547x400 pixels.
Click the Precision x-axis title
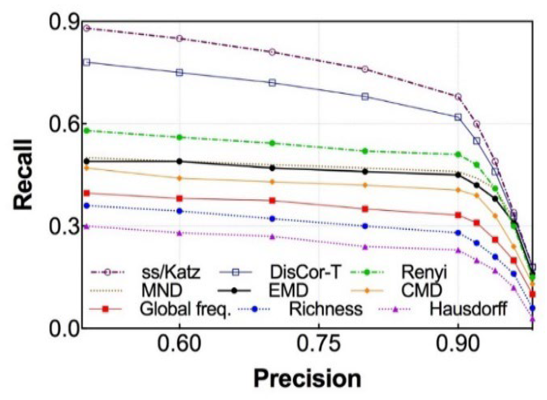pos(307,379)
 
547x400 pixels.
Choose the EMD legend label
pos(288,290)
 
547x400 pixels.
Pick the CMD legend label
pos(421,290)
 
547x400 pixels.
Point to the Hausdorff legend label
pos(468,309)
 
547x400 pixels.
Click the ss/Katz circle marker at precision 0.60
pos(179,39)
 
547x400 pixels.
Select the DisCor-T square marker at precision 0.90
pos(458,117)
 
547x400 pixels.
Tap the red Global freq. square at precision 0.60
pos(179,198)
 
